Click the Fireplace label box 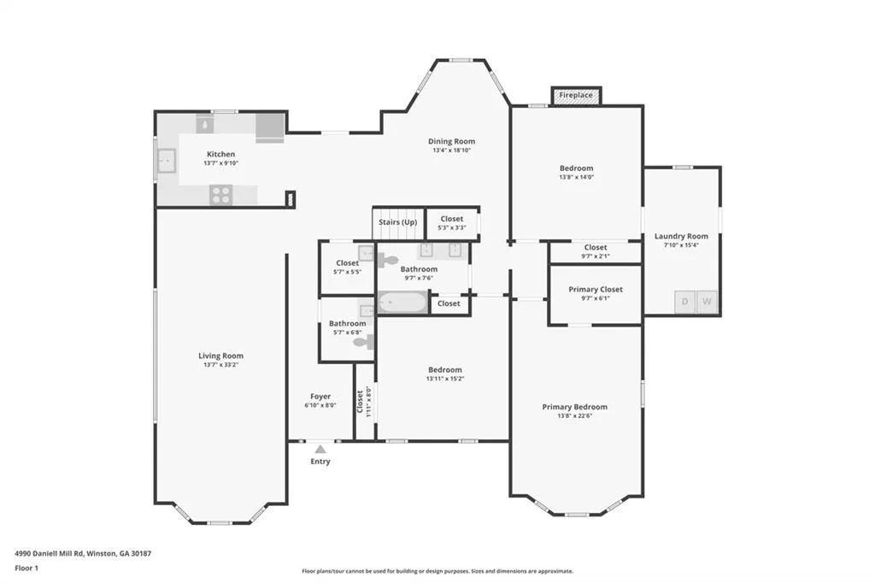click(576, 96)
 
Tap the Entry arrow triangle click(320, 449)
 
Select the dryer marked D click(684, 302)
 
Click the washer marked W click(707, 302)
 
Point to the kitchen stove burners click(221, 195)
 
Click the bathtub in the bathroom click(402, 303)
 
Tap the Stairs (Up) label click(398, 222)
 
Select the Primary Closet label click(596, 289)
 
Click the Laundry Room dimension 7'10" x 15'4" click(681, 245)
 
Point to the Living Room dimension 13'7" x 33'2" click(221, 365)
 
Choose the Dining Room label click(451, 141)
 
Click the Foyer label click(320, 397)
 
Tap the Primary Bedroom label click(575, 407)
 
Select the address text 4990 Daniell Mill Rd click(49, 554)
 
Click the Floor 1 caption click(26, 568)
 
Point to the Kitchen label click(221, 154)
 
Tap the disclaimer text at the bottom click(437, 571)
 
